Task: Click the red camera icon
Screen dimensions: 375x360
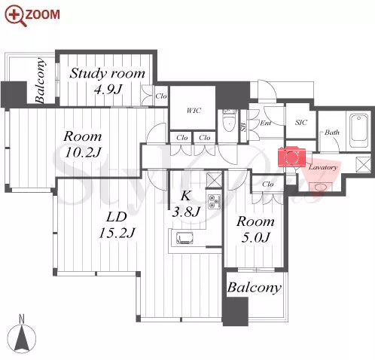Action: (x=291, y=157)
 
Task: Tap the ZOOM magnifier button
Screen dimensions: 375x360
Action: (x=32, y=16)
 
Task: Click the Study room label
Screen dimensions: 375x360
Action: (x=108, y=74)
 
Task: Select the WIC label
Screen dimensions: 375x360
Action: (x=194, y=111)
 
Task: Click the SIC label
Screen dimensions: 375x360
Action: (x=301, y=123)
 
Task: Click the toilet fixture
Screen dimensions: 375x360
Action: (x=228, y=121)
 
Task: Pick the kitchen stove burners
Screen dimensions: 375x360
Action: (x=214, y=202)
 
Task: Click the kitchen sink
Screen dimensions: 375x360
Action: (x=184, y=238)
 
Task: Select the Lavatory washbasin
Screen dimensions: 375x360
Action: (x=321, y=187)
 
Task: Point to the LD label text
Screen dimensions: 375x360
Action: (x=117, y=217)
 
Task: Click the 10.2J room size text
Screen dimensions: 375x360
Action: (x=83, y=152)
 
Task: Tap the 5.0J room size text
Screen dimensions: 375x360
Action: (x=255, y=237)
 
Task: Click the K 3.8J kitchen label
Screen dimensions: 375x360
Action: (x=186, y=203)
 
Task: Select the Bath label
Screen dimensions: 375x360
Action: (x=332, y=133)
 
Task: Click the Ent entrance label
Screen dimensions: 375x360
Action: (x=266, y=123)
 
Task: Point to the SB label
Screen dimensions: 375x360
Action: (x=243, y=127)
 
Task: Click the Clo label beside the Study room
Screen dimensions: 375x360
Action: (x=161, y=96)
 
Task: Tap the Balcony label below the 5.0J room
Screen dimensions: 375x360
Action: (x=254, y=288)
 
